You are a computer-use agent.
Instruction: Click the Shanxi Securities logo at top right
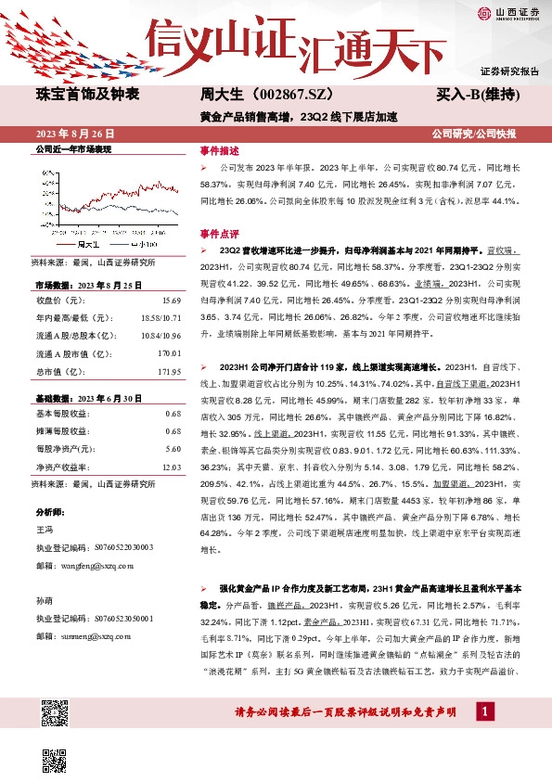tap(508, 13)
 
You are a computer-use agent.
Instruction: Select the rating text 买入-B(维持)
tap(477, 95)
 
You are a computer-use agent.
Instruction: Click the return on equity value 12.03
tap(171, 466)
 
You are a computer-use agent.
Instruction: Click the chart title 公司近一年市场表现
tap(73, 148)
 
